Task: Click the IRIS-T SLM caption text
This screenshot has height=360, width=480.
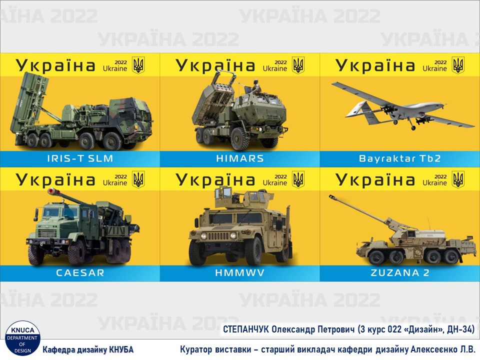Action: click(80, 158)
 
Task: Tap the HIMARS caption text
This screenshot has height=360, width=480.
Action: click(239, 158)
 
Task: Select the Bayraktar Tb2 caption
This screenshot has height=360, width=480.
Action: click(400, 158)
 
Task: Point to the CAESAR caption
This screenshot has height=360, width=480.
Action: click(80, 273)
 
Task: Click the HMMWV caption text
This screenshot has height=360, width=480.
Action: click(239, 273)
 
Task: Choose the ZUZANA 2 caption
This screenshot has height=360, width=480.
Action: click(400, 273)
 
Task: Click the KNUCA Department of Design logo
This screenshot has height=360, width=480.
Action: click(22, 338)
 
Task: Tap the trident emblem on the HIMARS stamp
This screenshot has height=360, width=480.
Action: click(298, 65)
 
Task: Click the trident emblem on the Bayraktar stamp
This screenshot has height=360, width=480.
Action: click(458, 65)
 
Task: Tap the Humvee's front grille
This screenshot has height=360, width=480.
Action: click(217, 236)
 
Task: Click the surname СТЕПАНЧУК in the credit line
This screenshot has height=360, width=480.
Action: click(246, 329)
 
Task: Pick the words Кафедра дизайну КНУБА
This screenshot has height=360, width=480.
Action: click(88, 349)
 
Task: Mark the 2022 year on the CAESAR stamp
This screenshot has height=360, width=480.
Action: click(120, 176)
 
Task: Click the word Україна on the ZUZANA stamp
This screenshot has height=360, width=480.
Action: click(375, 180)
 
